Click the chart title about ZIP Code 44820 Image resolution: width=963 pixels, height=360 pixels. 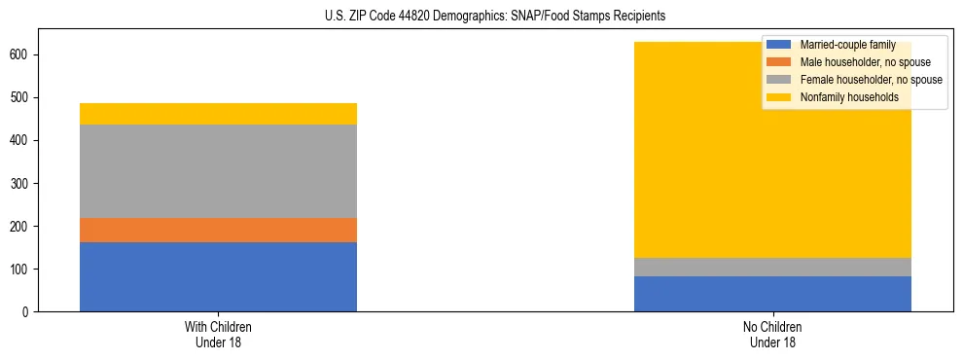[495, 17]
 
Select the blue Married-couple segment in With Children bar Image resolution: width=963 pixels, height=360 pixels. [218, 276]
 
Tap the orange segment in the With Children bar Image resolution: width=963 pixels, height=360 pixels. [218, 230]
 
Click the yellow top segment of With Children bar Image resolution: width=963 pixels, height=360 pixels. [218, 114]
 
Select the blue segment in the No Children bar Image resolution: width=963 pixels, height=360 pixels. [772, 294]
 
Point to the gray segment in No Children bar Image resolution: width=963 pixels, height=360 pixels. [772, 267]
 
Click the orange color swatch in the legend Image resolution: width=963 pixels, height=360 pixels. [779, 62]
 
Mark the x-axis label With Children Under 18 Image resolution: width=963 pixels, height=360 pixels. [218, 334]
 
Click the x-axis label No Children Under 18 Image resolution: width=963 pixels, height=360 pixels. [772, 334]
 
